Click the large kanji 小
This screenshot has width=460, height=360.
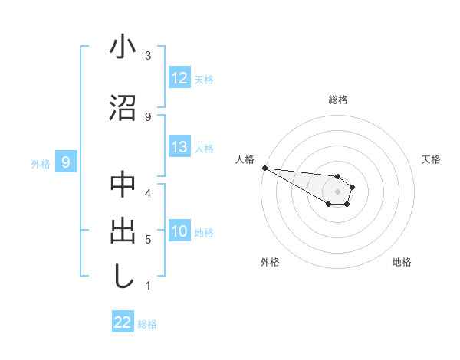pyautogui.click(x=123, y=47)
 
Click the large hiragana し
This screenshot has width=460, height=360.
pyautogui.click(x=123, y=277)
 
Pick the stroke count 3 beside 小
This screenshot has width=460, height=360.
pyautogui.click(x=148, y=56)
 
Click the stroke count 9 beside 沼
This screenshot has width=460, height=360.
pyautogui.click(x=148, y=116)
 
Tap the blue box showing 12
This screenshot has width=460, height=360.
pyautogui.click(x=179, y=78)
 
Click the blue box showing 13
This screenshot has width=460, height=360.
pyautogui.click(x=179, y=147)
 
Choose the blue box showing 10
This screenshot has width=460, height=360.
pyautogui.click(x=179, y=231)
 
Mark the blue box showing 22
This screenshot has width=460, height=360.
pyautogui.click(x=123, y=322)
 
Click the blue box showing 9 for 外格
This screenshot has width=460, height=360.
pyautogui.click(x=66, y=162)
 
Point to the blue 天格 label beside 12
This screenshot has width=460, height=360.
pyautogui.click(x=204, y=79)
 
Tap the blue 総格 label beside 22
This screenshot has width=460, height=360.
pyautogui.click(x=147, y=324)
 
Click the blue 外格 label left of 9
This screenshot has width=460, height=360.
pyautogui.click(x=41, y=163)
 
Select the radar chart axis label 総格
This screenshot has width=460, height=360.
pyautogui.click(x=337, y=100)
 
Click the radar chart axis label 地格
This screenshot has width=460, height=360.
pyautogui.click(x=402, y=262)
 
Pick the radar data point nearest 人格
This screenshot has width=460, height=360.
pyautogui.click(x=264, y=168)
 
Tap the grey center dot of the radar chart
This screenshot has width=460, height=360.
pyautogui.click(x=337, y=191)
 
